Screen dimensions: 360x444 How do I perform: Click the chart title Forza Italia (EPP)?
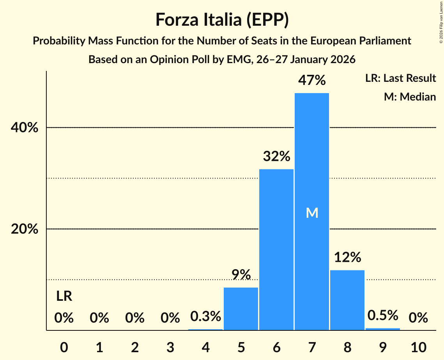[222, 19]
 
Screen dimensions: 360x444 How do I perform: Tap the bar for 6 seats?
[276, 249]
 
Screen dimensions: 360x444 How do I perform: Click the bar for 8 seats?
[347, 300]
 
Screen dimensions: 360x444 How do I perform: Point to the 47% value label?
[311, 80]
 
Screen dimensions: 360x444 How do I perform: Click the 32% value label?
[276, 157]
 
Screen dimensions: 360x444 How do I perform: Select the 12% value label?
[347, 258]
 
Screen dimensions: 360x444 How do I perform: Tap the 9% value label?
[241, 275]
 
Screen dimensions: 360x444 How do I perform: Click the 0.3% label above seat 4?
[205, 316]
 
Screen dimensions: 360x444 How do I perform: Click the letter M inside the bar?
[312, 213]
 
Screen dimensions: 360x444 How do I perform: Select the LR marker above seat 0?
[64, 296]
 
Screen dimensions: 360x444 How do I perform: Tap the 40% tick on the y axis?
[25, 128]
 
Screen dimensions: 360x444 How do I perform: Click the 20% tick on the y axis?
[25, 229]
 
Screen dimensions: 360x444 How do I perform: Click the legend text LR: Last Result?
[400, 78]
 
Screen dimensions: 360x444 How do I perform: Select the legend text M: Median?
[410, 97]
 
